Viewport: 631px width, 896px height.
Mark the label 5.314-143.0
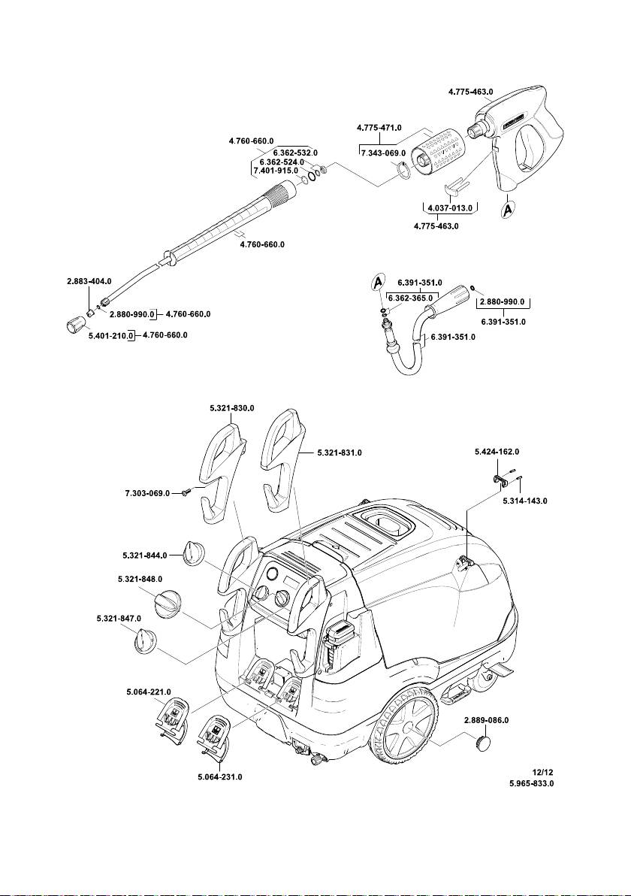(524, 500)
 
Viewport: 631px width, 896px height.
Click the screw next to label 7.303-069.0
(186, 492)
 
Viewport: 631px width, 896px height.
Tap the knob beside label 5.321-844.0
(194, 555)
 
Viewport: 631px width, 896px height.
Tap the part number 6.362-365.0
(409, 298)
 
